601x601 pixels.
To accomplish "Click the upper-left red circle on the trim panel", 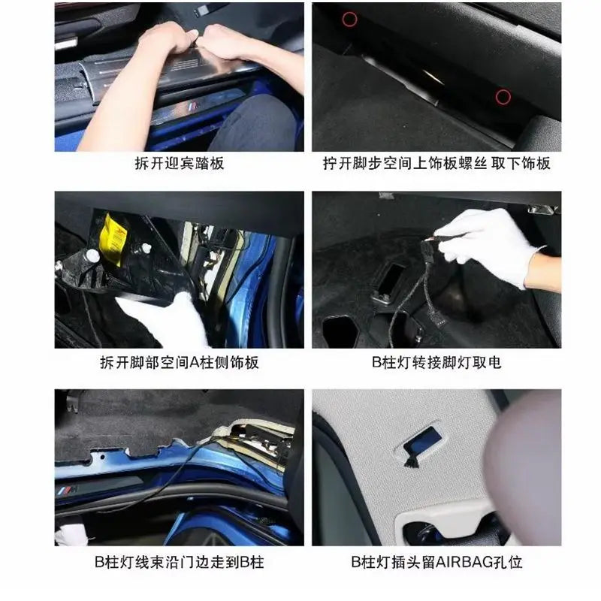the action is coord(349,19).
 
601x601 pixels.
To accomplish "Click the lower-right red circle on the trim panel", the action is coord(503,97).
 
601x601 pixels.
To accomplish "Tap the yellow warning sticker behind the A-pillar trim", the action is coord(112,240).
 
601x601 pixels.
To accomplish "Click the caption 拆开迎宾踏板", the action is coord(180,164).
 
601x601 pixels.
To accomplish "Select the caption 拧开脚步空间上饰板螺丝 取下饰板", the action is coord(436,164).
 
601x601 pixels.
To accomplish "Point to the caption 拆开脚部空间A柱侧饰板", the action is coord(180,362).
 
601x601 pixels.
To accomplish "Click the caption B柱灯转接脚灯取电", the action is coord(436,362).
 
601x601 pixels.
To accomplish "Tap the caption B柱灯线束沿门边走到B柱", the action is coord(180,562).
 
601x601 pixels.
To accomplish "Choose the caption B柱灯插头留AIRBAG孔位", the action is coord(436,562).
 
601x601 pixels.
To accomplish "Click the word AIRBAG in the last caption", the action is coord(463,562).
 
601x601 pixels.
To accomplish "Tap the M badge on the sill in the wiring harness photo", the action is coord(68,491).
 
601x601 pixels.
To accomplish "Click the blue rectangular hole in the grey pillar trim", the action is coord(422,441).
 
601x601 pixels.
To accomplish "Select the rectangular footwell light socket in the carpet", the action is coord(388,282).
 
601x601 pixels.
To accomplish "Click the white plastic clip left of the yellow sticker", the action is coord(92,255).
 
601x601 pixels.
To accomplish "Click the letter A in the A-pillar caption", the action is coord(195,362).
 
